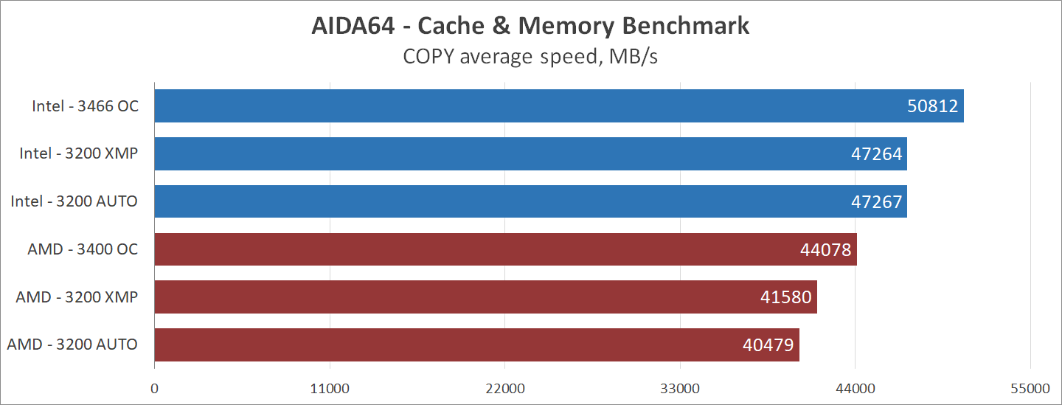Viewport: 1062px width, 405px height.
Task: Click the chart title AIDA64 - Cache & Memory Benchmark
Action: [530, 26]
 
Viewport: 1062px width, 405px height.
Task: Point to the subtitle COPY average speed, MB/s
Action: [530, 57]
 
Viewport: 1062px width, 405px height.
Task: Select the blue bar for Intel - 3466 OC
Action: [516, 106]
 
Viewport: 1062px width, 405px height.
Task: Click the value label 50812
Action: [932, 106]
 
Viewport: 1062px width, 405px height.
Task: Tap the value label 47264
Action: [876, 154]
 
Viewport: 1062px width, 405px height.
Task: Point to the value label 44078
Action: [825, 250]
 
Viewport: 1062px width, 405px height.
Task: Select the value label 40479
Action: [768, 345]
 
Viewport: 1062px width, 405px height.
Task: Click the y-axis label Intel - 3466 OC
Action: [85, 106]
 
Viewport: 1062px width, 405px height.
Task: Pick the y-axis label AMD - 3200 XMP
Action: [77, 297]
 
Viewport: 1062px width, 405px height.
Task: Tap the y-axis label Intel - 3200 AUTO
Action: [74, 201]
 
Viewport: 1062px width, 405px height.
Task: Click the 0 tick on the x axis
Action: [154, 388]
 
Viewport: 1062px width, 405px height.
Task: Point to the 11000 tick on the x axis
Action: [330, 388]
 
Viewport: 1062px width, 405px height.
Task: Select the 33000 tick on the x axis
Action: [680, 388]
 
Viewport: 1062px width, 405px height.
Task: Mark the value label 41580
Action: [786, 297]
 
